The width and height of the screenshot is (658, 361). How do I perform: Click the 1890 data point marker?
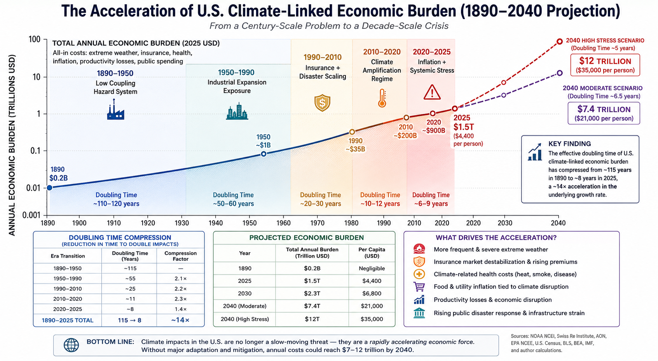[x=49, y=188]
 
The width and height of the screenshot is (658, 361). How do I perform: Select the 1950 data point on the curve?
[x=264, y=154]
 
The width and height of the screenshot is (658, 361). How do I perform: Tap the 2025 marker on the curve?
[x=455, y=109]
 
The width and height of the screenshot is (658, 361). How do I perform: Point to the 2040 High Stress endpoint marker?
[x=560, y=42]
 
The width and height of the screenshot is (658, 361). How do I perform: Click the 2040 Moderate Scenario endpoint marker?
[x=560, y=73]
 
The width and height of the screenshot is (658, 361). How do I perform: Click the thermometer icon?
[x=382, y=98]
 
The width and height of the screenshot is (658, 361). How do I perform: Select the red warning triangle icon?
[x=432, y=92]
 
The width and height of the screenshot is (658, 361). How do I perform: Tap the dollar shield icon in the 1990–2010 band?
[x=323, y=103]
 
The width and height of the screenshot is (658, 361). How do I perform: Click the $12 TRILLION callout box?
[x=605, y=65]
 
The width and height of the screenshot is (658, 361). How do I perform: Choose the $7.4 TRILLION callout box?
[x=604, y=113]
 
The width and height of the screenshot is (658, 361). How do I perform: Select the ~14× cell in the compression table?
[x=180, y=320]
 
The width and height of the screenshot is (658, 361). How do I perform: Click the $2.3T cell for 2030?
[x=312, y=293]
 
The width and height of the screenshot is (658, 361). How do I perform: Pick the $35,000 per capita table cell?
[x=372, y=319]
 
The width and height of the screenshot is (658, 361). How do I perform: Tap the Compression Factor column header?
[x=180, y=256]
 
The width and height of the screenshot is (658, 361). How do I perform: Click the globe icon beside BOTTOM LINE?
[x=72, y=345]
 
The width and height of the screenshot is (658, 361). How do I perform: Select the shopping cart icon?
[x=419, y=287]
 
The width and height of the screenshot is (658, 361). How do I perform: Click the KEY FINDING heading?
[x=570, y=144]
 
